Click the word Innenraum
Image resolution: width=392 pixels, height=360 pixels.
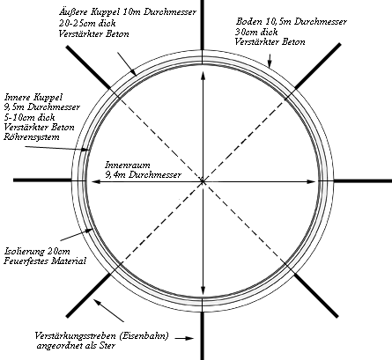pos(128,165)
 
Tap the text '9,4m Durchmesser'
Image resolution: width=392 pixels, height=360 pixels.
pos(144,175)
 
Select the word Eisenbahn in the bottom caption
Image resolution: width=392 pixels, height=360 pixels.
pos(144,336)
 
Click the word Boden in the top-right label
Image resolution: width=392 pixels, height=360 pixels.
pos(249,21)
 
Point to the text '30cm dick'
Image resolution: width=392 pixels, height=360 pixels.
pos(256,32)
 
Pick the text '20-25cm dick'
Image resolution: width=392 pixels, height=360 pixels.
pos(87,23)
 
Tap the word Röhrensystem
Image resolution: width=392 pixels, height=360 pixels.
pos(32,137)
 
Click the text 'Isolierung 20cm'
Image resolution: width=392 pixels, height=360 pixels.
pos(37,251)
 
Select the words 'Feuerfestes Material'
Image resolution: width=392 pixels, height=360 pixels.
pos(45,261)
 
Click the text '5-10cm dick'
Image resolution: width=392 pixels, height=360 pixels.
pos(29,117)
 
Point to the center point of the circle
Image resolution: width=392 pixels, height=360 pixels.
pos(203,181)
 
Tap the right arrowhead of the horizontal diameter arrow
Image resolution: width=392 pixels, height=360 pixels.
pos(312,181)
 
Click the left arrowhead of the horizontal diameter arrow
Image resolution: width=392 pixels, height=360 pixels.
pos(95,182)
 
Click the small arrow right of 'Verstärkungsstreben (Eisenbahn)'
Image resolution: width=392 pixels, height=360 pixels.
pos(184,338)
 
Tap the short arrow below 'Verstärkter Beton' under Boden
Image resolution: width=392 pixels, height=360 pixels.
pos(270,61)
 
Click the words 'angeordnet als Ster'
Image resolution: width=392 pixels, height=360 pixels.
pos(76,346)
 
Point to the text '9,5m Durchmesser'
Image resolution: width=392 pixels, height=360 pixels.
pos(41,107)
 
